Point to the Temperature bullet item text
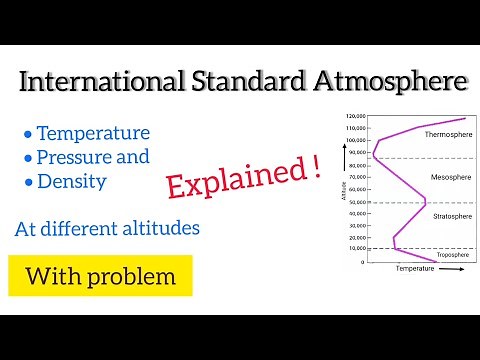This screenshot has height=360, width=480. click(93, 133)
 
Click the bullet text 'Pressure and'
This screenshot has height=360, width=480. click(93, 157)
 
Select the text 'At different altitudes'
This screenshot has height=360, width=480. click(107, 228)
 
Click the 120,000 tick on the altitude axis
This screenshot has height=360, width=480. click(355, 118)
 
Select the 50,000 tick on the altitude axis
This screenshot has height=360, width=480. click(357, 203)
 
